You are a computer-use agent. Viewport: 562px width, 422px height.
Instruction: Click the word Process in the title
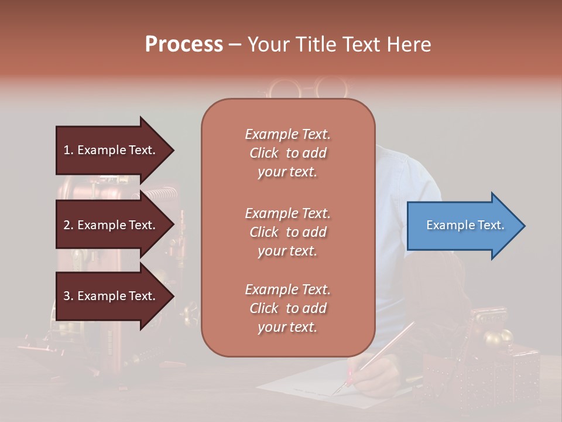(184, 45)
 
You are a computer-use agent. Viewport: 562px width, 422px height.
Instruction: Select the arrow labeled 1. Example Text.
(111, 150)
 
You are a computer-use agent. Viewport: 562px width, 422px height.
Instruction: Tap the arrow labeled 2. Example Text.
(111, 225)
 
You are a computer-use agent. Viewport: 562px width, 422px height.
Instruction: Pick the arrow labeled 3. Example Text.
(111, 296)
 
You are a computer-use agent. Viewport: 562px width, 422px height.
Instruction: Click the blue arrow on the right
(462, 226)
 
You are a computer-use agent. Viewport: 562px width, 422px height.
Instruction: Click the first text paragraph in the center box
(288, 153)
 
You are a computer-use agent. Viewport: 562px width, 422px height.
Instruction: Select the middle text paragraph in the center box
(288, 232)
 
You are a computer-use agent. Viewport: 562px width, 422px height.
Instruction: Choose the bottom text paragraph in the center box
(288, 308)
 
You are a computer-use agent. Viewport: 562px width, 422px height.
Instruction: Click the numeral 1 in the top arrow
(67, 150)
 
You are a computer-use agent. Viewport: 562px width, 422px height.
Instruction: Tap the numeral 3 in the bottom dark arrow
(67, 296)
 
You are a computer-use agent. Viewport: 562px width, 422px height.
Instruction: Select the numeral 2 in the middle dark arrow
(67, 225)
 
